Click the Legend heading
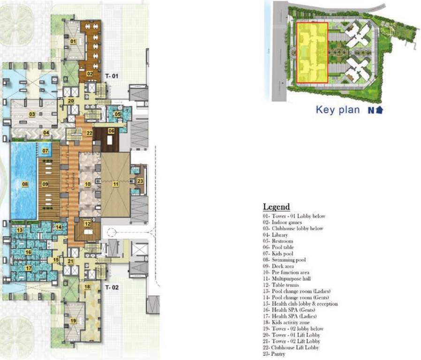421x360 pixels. [276, 207]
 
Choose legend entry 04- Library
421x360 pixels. [275, 235]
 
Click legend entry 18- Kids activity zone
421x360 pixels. [288, 323]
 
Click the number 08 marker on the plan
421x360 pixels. [24, 184]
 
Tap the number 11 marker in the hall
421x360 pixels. [115, 184]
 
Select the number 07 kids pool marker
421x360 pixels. [45, 150]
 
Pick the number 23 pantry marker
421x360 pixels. [140, 180]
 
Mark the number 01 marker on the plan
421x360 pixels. [73, 41]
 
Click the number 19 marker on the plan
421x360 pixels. [73, 321]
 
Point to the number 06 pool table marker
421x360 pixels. [111, 131]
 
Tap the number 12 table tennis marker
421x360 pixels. [87, 224]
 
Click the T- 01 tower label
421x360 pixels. [113, 75]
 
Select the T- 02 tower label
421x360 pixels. [113, 287]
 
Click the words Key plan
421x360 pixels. [338, 110]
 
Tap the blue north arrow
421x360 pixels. [379, 110]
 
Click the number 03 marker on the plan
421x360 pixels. [32, 114]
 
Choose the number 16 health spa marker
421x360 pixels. [28, 252]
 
